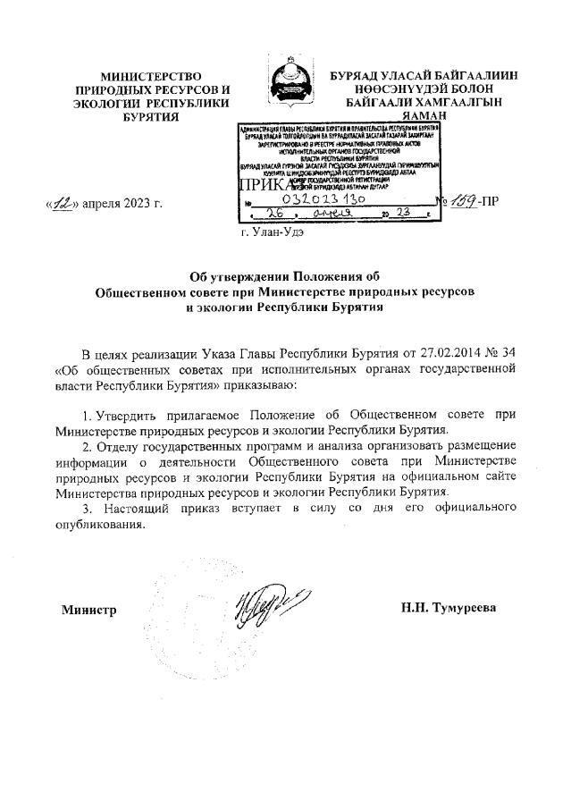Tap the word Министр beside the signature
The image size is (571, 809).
[x=88, y=610]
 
